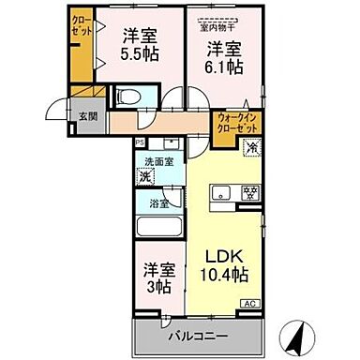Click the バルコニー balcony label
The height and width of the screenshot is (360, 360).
tap(198, 334)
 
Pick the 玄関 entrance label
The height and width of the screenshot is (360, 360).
tap(87, 116)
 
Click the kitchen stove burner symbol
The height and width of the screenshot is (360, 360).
tap(250, 193)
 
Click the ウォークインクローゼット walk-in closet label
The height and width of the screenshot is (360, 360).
tap(237, 123)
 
